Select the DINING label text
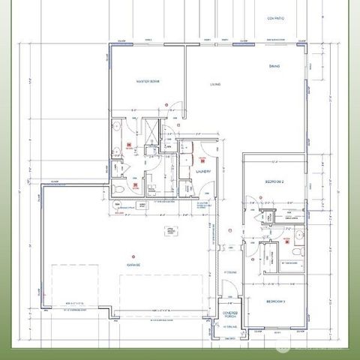point(274,67)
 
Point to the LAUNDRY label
point(203,172)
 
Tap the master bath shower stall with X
point(152,131)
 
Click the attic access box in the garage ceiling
point(170,232)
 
